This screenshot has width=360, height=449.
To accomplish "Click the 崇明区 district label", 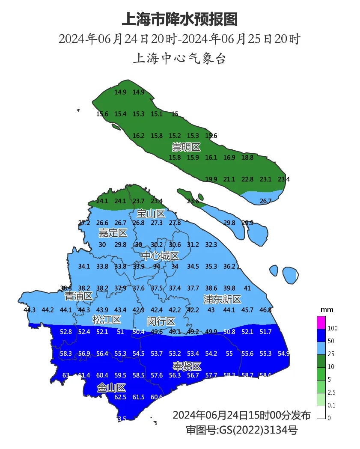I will click(x=186, y=147).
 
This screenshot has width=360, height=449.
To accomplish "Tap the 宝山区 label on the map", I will click(x=151, y=213).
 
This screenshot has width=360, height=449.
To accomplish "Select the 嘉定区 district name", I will click(x=113, y=233).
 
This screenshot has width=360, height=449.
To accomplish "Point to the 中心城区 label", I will click(x=161, y=256).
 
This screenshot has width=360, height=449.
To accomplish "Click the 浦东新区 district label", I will click(x=222, y=299).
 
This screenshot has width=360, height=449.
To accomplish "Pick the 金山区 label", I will click(x=111, y=388).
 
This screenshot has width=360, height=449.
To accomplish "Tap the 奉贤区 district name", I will click(x=187, y=366).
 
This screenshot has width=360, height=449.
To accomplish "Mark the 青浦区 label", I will click(x=78, y=296).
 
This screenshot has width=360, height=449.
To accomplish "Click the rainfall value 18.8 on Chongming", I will click(x=247, y=158).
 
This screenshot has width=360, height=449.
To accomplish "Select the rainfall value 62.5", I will click(x=121, y=397).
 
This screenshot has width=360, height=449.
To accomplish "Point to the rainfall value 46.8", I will click(x=265, y=310).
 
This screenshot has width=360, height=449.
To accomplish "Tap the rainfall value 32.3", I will click(x=211, y=245).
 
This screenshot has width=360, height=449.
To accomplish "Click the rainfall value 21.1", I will click(x=229, y=179).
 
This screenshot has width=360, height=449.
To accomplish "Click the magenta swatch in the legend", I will click(x=321, y=322).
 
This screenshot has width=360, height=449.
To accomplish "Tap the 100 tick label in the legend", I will click(x=333, y=328).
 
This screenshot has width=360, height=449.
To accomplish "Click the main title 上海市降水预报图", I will click(x=180, y=19).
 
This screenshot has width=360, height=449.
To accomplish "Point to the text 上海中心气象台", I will click(x=180, y=59).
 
